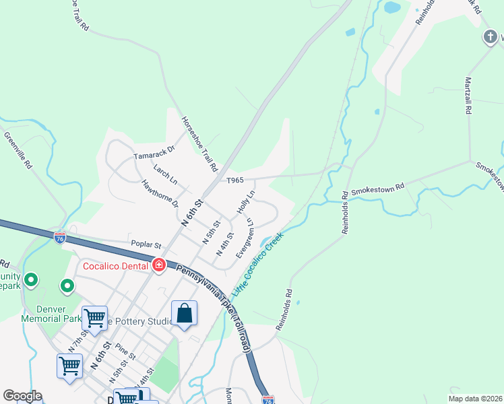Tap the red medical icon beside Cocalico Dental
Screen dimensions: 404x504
[x=159, y=265]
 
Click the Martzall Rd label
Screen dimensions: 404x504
[x=468, y=96]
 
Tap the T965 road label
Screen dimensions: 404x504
[x=234, y=180]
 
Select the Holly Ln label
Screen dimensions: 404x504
[x=246, y=202]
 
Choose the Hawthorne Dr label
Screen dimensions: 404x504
[x=160, y=193]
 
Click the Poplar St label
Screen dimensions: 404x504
[x=146, y=246]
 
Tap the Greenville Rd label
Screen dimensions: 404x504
[x=18, y=149]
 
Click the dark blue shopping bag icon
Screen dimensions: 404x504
[x=184, y=313]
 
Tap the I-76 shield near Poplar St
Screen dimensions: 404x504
[x=60, y=237]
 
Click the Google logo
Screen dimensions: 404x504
[x=22, y=396]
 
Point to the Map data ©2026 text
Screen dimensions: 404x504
[x=475, y=399]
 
